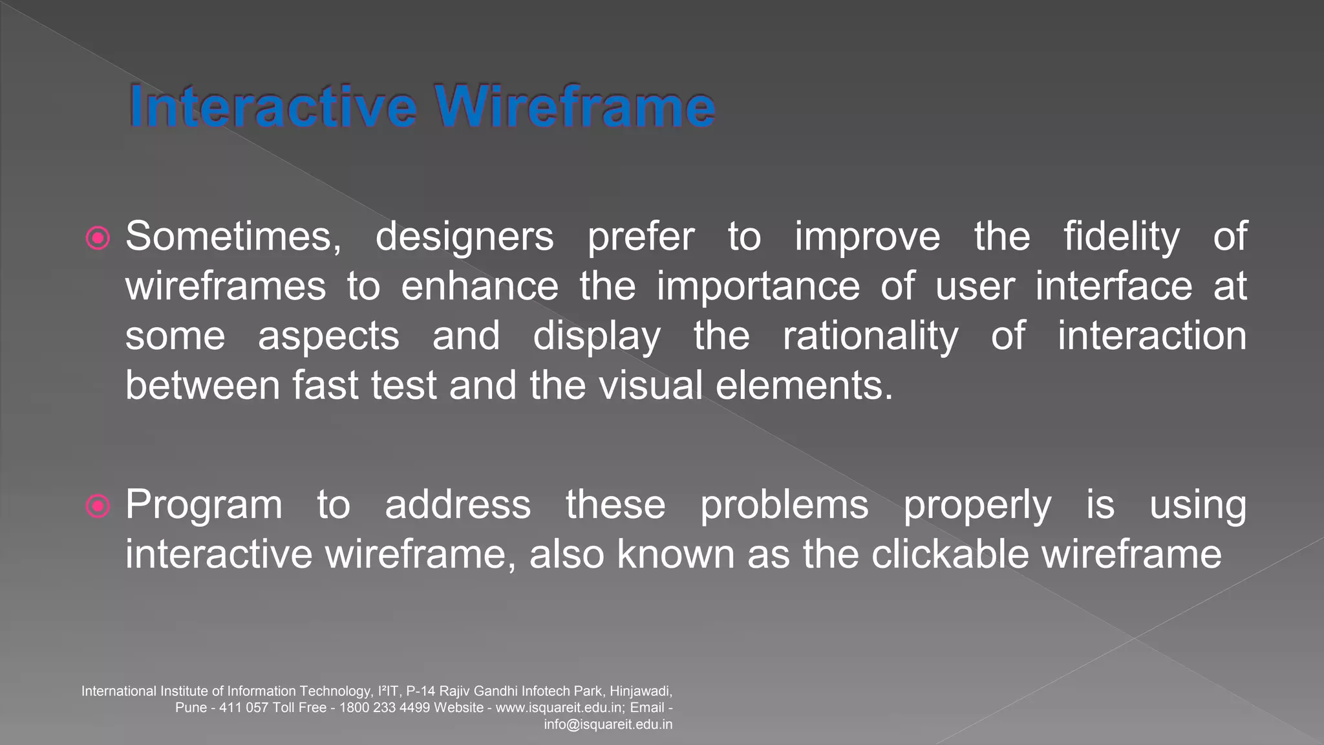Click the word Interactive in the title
pos(272,107)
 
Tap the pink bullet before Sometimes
pos(98,239)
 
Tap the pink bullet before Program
pos(98,506)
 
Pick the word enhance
pos(480,286)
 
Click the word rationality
pos(870,337)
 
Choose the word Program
pos(204,506)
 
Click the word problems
pos(784,506)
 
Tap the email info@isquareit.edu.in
pos(608,724)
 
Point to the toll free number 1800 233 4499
pos(384,707)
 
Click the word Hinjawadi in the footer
pos(640,691)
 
